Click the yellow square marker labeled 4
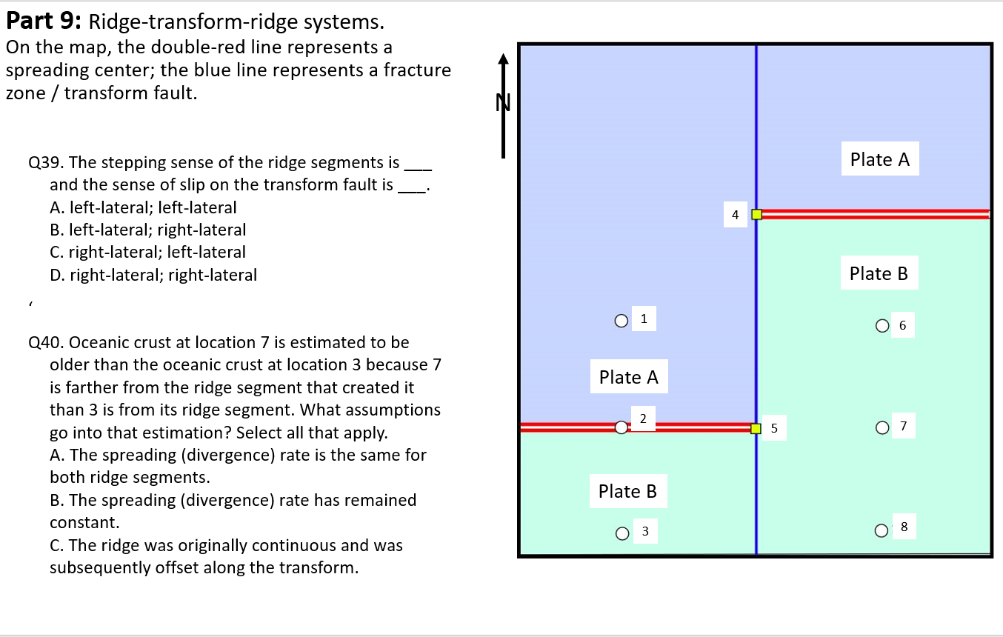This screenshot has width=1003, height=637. (756, 215)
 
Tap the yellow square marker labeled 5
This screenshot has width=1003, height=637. (756, 428)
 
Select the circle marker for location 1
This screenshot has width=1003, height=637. (621, 321)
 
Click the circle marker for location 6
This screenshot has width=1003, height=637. (882, 325)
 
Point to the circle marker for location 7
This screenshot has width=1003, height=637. (882, 427)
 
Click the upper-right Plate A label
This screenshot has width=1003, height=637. (879, 159)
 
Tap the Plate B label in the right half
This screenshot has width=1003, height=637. (879, 273)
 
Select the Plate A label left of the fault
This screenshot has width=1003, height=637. (628, 377)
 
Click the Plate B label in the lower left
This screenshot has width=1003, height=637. (627, 491)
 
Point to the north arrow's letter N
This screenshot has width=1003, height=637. (504, 103)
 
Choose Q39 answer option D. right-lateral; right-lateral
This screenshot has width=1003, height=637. (153, 276)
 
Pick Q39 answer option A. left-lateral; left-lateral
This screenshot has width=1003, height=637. (143, 208)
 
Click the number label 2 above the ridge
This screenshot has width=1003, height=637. (643, 418)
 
